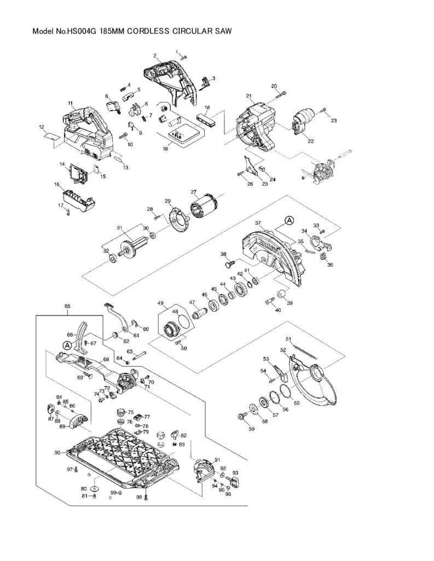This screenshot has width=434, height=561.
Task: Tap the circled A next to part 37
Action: (x=289, y=220)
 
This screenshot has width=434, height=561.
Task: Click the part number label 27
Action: (x=193, y=192)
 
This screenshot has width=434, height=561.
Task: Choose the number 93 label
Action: (x=235, y=472)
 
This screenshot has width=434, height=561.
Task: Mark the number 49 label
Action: (x=160, y=303)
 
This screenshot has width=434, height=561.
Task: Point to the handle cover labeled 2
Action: (x=170, y=79)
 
